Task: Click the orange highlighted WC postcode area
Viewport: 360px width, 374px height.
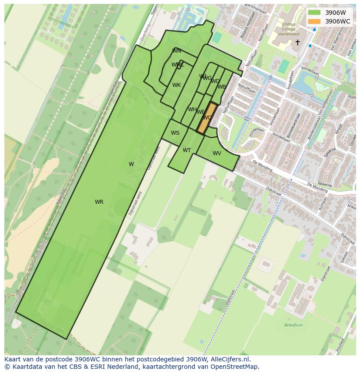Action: [207, 118]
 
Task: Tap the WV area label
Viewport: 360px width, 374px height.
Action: [217, 153]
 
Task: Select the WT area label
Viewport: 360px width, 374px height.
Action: [187, 150]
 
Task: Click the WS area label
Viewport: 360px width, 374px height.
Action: [175, 133]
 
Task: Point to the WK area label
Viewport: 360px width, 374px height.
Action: [176, 85]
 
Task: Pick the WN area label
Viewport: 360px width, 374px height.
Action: [177, 51]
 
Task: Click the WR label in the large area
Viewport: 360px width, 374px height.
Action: [99, 202]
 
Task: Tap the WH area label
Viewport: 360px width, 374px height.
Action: [192, 109]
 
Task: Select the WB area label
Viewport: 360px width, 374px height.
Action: [222, 87]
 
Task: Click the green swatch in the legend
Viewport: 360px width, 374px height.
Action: [314, 13]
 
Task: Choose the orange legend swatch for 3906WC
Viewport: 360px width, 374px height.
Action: [314, 21]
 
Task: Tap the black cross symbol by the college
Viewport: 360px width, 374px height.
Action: [297, 42]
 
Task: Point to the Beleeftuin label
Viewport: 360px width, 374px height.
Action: [293, 325]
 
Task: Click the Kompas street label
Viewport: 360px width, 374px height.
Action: [323, 204]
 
